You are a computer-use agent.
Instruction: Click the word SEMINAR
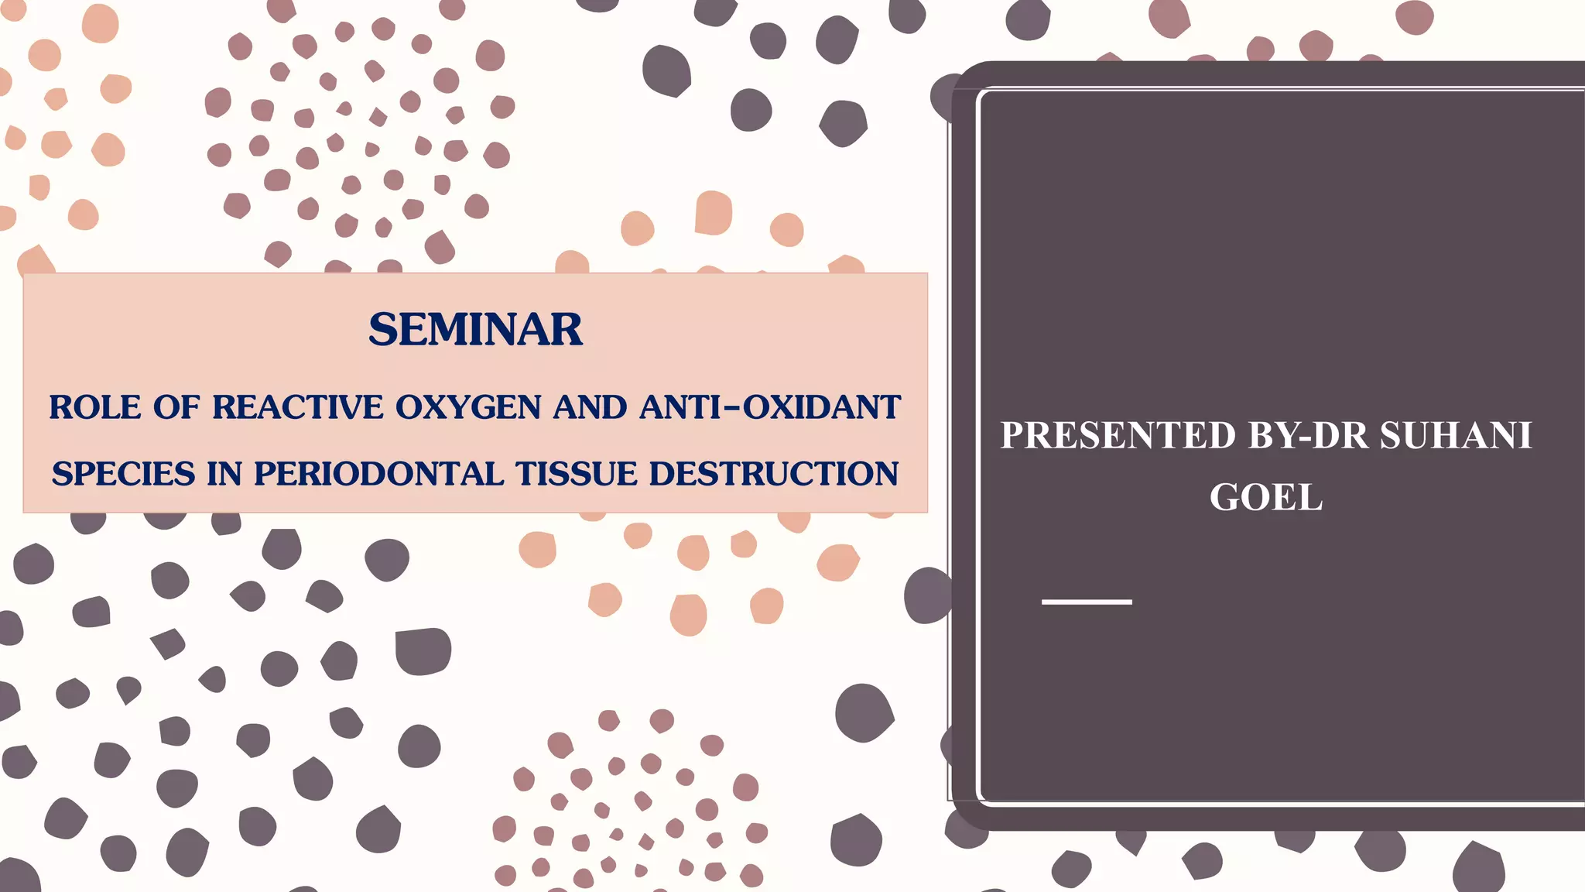475,330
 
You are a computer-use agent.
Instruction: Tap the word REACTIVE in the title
298,407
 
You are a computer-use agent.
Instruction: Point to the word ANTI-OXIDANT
770,407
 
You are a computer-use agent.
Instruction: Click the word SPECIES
123,474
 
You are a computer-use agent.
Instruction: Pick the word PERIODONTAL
378,474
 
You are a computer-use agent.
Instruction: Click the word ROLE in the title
95,407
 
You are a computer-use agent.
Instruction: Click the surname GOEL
1266,497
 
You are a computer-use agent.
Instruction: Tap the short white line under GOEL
1087,602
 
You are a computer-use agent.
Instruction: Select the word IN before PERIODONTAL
224,474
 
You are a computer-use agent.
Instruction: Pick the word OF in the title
176,407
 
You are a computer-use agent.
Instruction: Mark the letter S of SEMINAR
383,330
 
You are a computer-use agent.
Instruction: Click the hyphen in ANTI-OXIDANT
730,407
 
